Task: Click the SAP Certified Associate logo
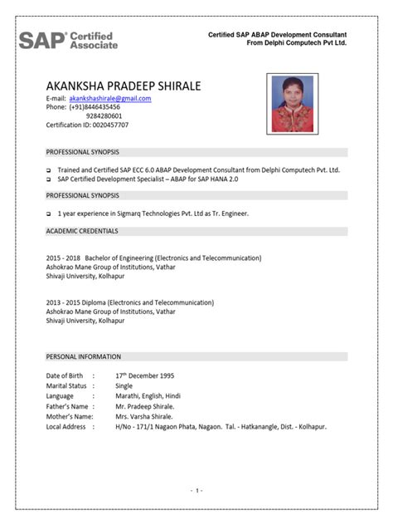coord(68,40)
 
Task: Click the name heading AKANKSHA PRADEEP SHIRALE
coord(124,86)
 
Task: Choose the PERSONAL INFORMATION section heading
coord(83,356)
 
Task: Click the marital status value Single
coord(124,386)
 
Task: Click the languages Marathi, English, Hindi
coord(148,396)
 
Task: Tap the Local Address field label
coord(65,426)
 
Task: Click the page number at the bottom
coord(196,491)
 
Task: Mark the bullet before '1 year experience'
coord(48,213)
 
